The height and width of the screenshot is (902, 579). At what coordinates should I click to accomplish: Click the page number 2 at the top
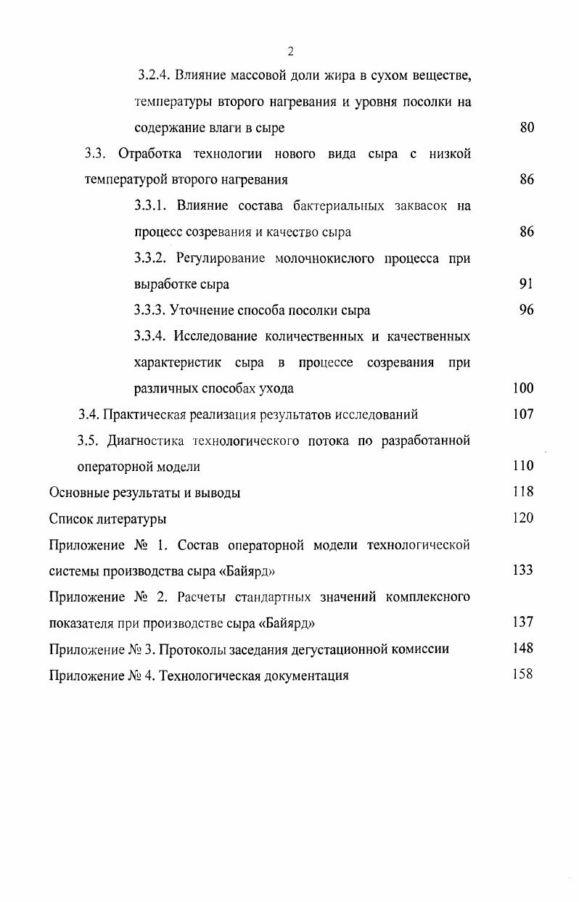290,51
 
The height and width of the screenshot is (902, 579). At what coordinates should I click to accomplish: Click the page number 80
527,128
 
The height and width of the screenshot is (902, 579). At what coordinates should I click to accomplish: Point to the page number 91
527,284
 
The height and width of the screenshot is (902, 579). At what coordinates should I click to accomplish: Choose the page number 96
527,310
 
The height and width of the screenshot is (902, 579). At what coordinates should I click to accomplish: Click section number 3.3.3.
151,311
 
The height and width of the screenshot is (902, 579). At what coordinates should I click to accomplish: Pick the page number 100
523,388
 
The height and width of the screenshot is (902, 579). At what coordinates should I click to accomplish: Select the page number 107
523,414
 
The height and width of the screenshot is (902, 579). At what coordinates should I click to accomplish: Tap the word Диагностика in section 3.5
149,440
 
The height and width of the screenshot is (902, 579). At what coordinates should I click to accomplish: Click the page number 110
523,466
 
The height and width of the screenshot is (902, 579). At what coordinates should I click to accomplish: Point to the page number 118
523,492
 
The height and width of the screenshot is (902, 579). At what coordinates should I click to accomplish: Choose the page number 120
523,518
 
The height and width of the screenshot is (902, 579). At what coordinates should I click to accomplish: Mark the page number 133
523,570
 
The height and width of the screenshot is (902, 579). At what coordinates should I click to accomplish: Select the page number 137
523,622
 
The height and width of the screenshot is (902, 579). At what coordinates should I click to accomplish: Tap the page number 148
523,648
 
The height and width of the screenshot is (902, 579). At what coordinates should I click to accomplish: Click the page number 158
523,674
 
